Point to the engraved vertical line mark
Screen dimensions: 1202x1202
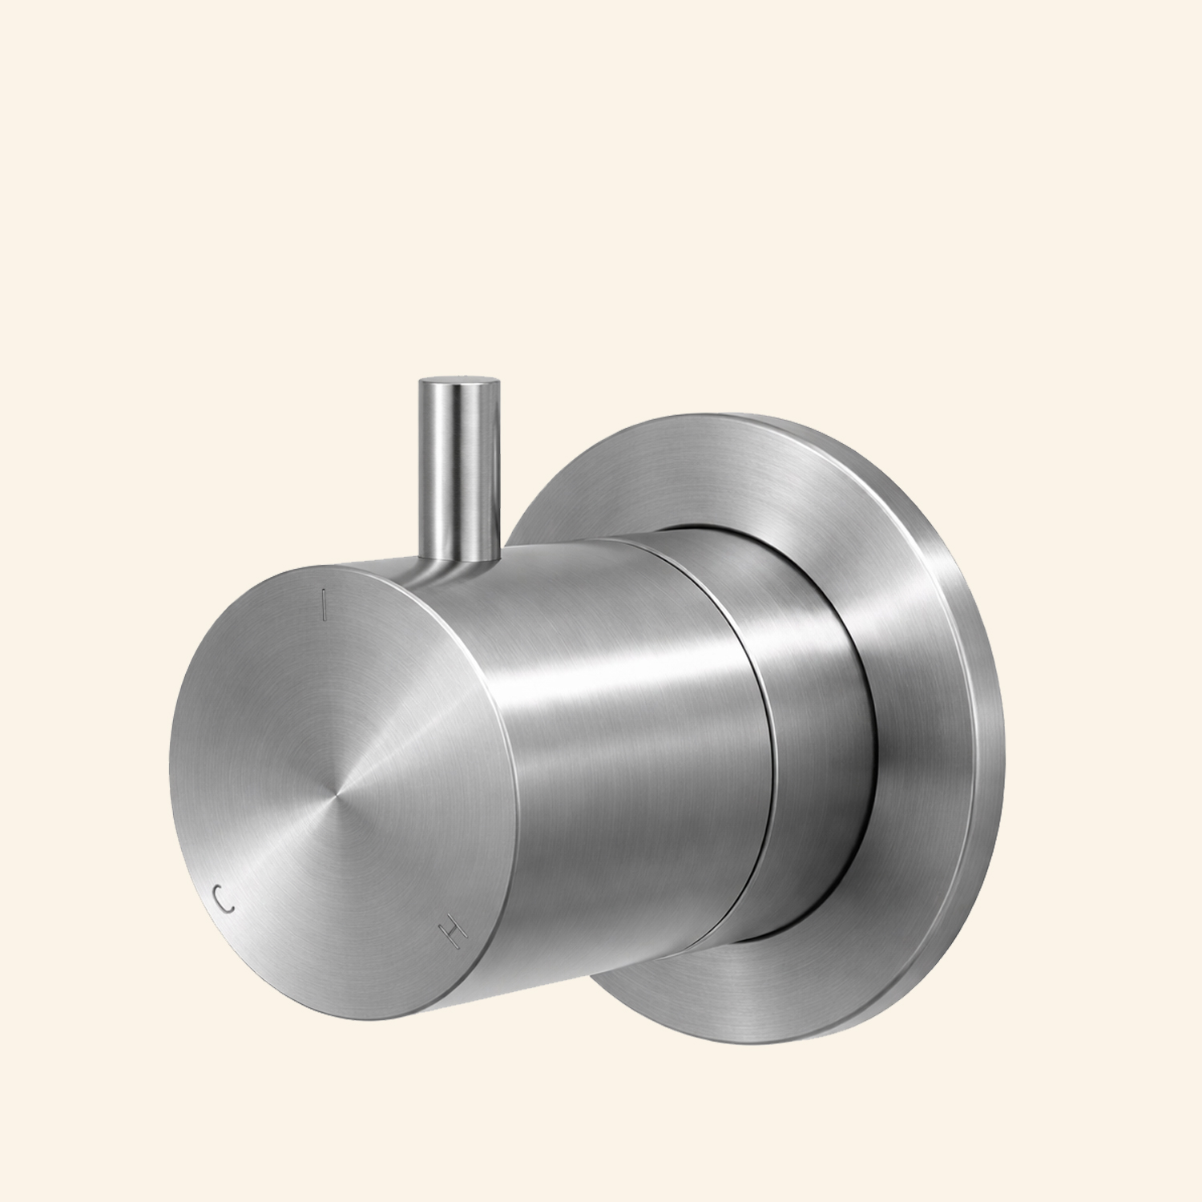coord(323,605)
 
